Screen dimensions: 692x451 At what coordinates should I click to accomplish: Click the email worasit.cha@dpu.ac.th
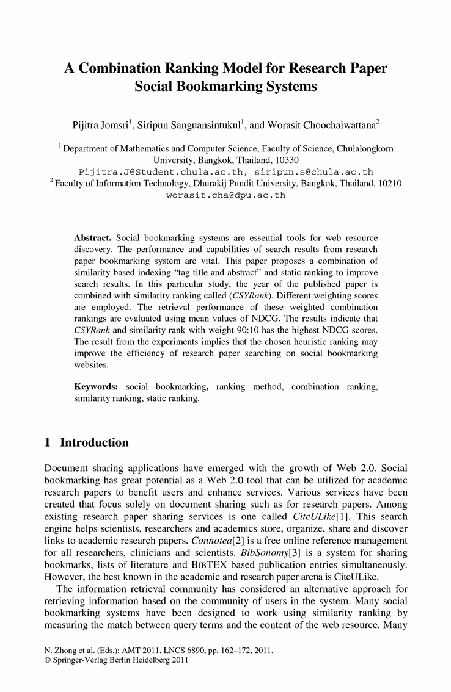[226, 196]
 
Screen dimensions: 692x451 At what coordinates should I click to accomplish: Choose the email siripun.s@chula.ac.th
[313, 172]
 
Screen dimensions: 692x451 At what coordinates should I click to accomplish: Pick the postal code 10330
[279, 160]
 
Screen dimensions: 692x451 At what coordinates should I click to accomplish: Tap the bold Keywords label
[97, 387]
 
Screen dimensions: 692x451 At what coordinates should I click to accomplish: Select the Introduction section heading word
[95, 442]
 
